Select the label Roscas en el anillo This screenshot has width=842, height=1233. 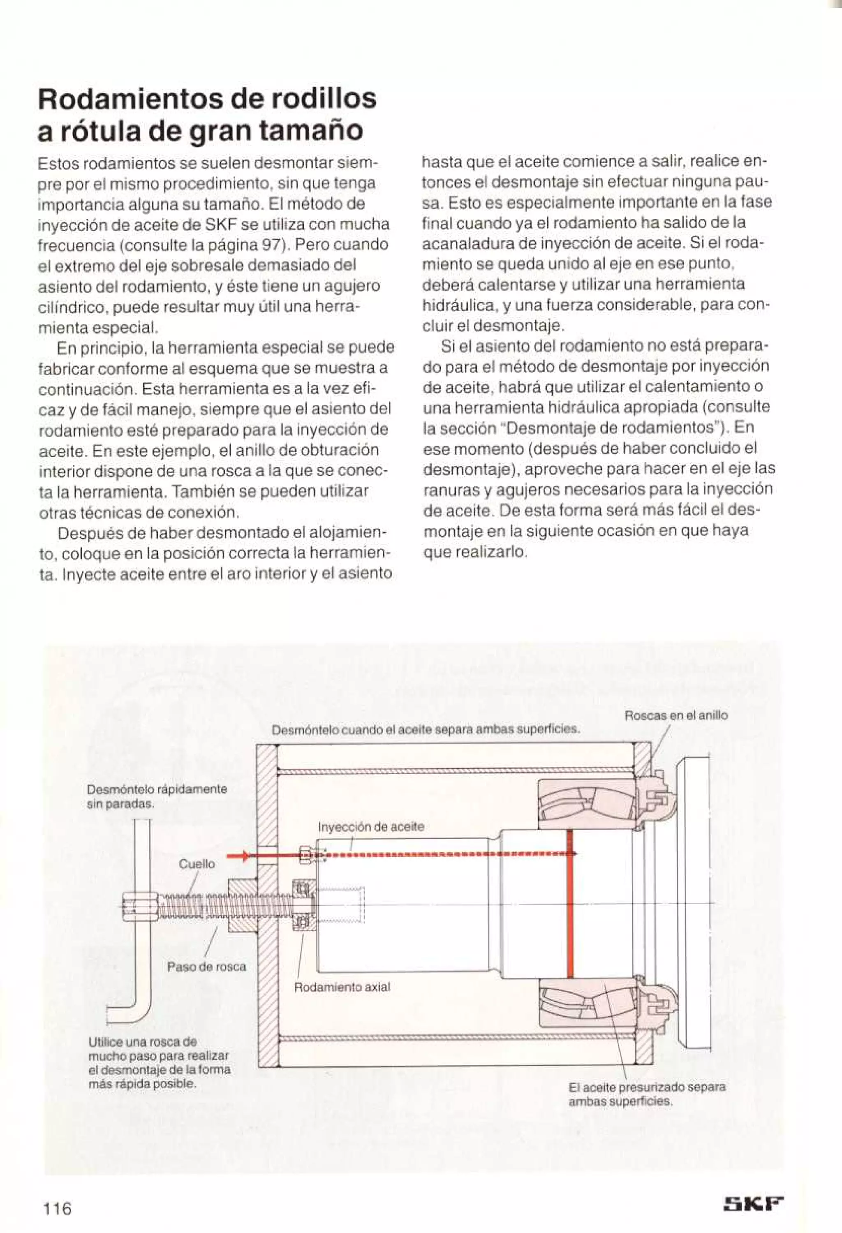[x=676, y=716]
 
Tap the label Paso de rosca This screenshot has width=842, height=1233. [x=206, y=967]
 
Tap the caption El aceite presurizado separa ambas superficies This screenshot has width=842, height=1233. [x=646, y=1094]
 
